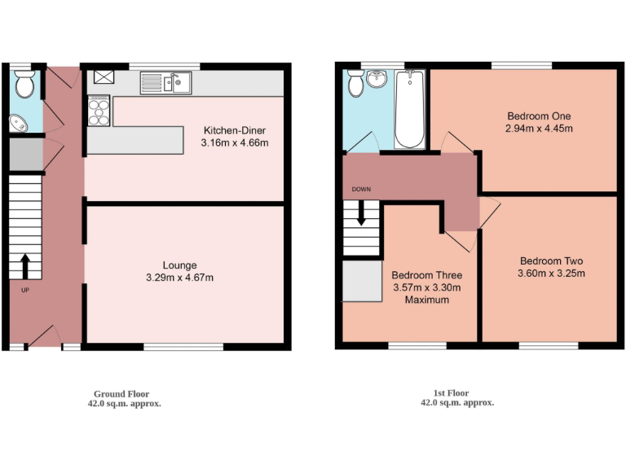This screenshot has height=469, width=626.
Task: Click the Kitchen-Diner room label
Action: (234, 130)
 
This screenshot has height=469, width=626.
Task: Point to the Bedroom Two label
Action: (551, 261)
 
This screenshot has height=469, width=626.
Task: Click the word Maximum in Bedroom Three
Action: (427, 300)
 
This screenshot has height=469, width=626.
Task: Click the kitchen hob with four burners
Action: (99, 111)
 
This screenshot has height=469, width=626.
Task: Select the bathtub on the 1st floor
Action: (409, 108)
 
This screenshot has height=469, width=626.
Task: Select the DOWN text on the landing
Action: (361, 190)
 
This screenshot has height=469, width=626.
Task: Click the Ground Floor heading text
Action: (121, 393)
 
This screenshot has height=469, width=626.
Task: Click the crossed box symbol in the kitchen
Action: (103, 77)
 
